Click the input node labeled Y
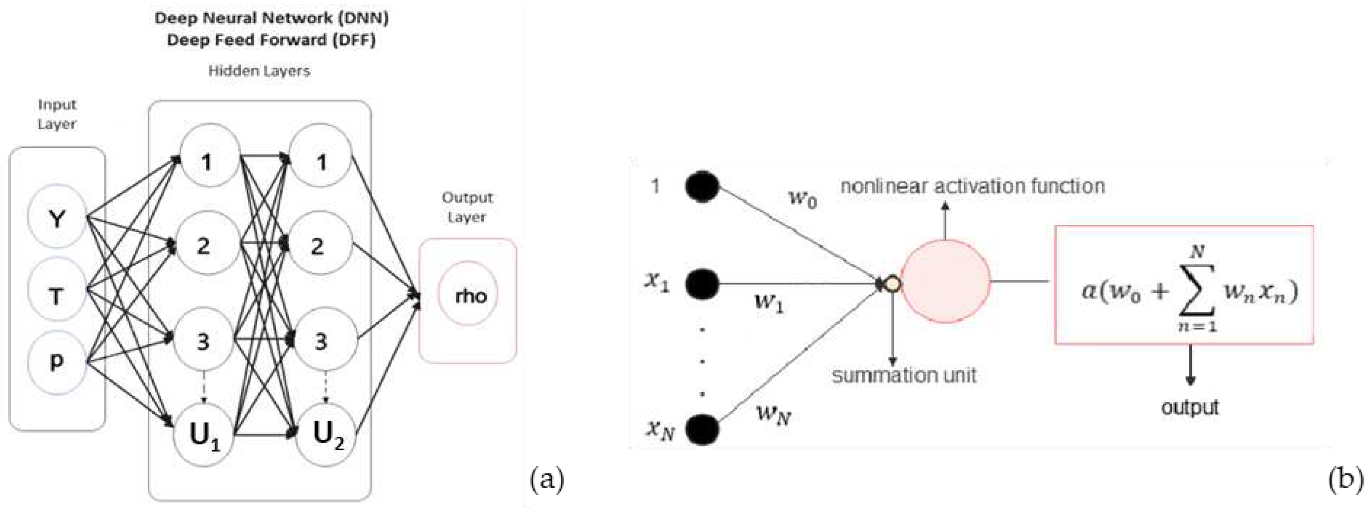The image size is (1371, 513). (57, 217)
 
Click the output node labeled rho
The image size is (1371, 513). (468, 294)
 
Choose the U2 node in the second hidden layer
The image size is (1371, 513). (326, 435)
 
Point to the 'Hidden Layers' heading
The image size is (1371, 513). (259, 71)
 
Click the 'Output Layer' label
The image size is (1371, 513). (467, 207)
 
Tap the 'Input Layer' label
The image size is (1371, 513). (57, 114)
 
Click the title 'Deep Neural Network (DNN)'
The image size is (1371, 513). (272, 17)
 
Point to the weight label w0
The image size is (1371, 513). (802, 198)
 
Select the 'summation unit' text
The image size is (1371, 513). (904, 376)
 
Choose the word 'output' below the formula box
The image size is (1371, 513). (1190, 407)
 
